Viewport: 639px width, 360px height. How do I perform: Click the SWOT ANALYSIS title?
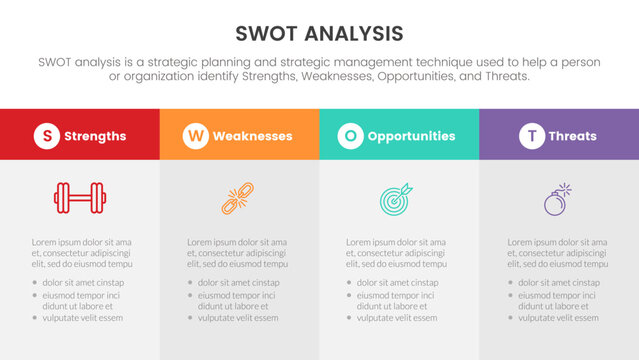point(320,34)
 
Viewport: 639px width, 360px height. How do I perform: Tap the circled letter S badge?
point(47,136)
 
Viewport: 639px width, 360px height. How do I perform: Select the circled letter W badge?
point(195,136)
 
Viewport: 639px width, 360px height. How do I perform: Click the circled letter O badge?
point(350,136)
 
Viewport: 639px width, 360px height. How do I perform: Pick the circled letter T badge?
point(533,136)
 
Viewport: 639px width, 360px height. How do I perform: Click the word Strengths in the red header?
point(95,136)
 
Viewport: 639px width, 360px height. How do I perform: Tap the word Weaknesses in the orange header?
point(252,136)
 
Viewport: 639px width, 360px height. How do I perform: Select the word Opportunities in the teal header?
point(411,136)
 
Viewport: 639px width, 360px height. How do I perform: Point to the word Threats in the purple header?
point(572,136)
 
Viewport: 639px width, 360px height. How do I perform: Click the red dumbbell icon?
point(80,198)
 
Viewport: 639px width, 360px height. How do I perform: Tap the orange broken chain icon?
point(239,198)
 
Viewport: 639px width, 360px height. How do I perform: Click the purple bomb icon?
point(558,198)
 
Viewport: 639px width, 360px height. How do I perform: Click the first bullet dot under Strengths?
point(34,283)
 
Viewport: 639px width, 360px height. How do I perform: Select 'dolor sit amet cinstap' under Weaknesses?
point(238,283)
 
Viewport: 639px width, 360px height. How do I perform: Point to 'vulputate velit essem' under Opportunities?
point(397,318)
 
